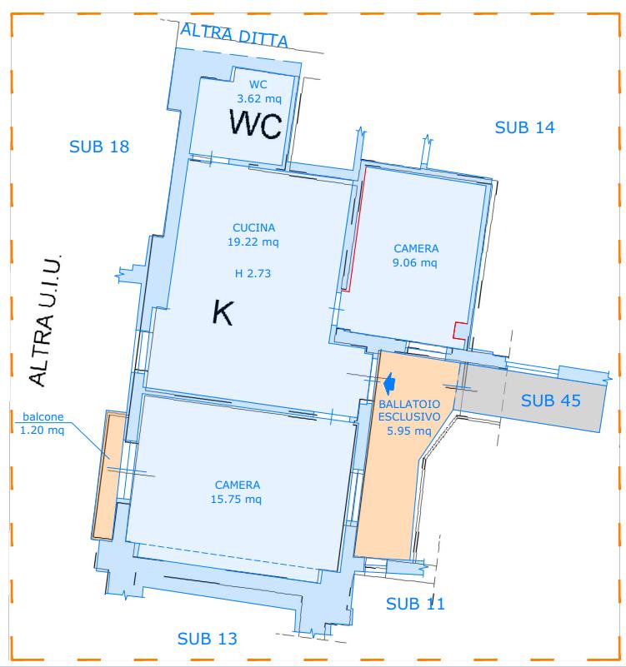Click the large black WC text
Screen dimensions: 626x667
[x=256, y=124]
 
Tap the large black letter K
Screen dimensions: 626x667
[x=223, y=313]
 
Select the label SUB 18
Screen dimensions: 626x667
[x=99, y=147]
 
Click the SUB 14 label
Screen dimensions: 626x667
[x=524, y=127]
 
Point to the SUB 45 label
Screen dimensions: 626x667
[x=551, y=401]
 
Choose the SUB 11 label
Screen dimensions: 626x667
[x=415, y=604]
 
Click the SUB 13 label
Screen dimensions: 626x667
[x=207, y=639]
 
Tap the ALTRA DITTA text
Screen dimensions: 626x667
[x=234, y=36]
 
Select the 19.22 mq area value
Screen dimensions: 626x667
[x=253, y=242]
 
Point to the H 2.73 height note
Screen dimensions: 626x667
[x=253, y=273]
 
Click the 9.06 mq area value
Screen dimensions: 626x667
[x=415, y=262]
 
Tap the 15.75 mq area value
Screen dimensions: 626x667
[x=236, y=499]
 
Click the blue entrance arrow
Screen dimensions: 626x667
[x=389, y=383]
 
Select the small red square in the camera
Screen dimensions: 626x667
[x=459, y=331]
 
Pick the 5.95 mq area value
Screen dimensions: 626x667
[x=408, y=431]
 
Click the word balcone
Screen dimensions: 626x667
[x=43, y=416]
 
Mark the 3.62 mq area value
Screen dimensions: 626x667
[x=259, y=99]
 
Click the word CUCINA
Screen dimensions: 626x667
[x=253, y=227]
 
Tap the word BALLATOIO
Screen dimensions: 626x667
[x=409, y=404]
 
